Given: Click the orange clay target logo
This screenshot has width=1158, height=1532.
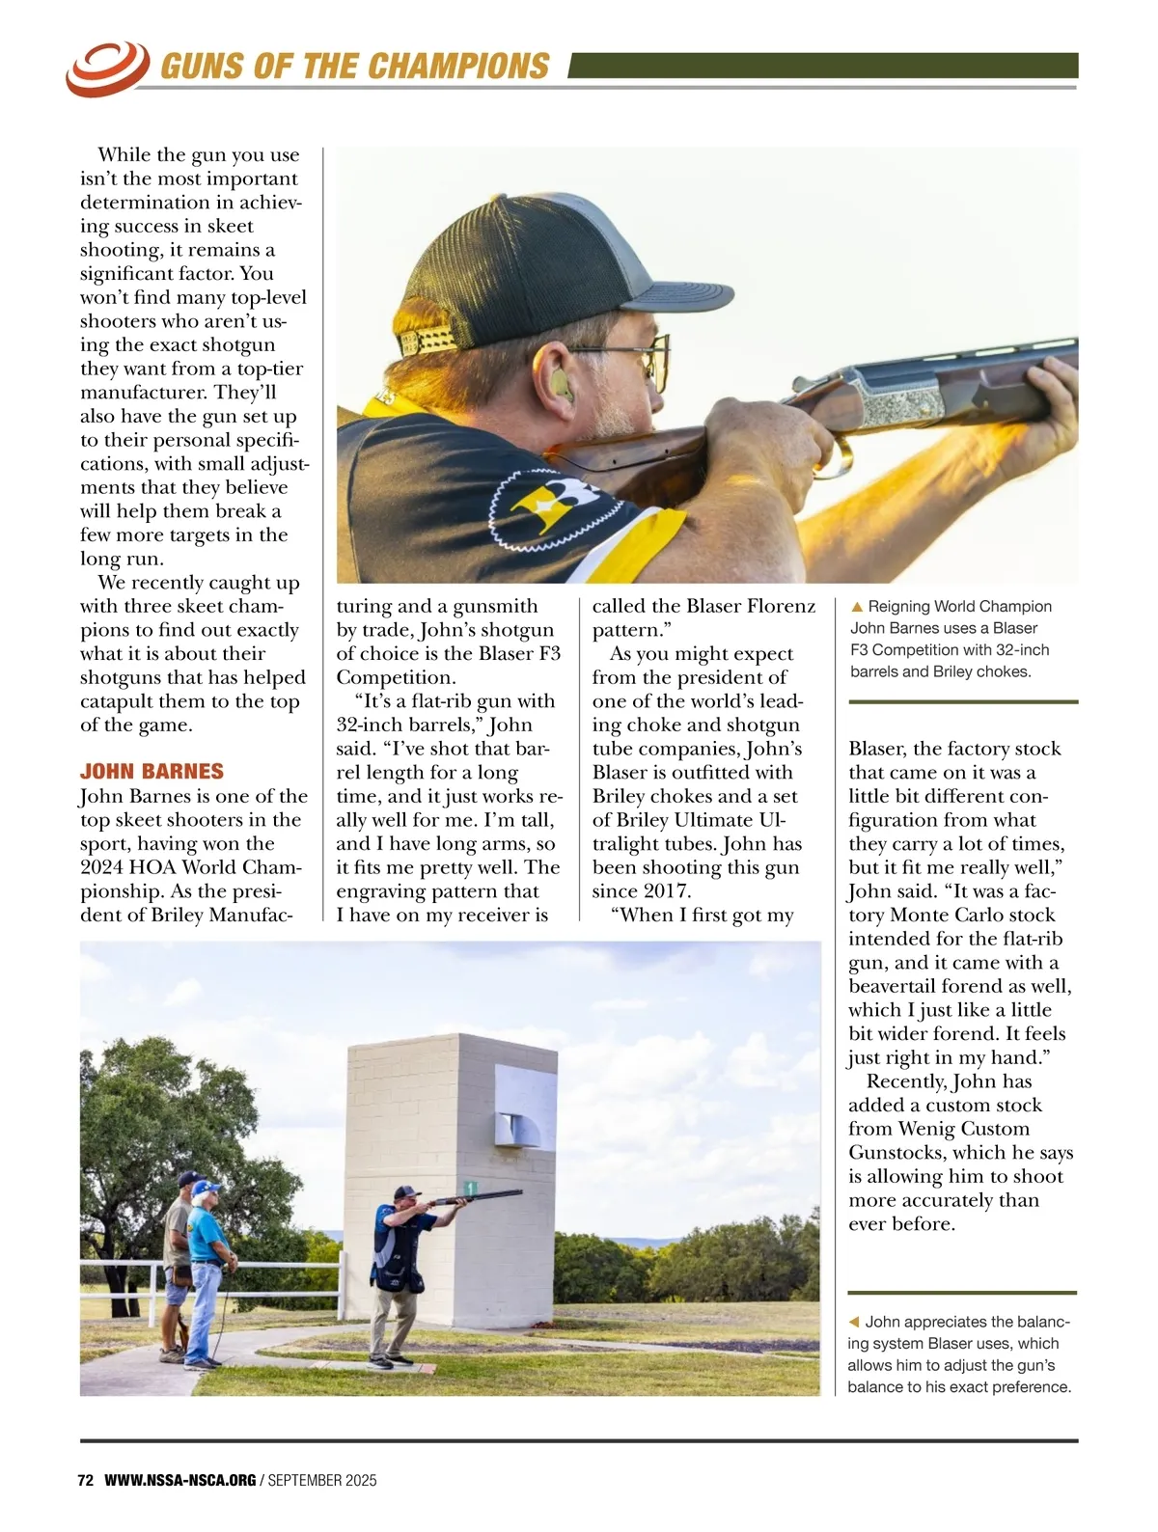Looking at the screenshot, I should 105,68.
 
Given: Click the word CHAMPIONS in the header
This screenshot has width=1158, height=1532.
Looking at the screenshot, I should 458,67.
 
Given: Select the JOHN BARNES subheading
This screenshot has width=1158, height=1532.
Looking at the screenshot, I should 152,772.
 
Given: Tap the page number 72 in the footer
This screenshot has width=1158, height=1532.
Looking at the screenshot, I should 85,1481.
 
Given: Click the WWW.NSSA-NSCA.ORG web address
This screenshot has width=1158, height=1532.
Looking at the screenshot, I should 179,1481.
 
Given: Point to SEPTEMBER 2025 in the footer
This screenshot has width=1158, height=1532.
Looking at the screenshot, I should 322,1481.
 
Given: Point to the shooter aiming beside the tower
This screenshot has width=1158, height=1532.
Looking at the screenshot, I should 400,1273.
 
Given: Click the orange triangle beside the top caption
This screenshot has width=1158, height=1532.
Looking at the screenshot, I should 856,608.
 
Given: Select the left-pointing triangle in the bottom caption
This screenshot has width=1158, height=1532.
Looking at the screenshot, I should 853,1323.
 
